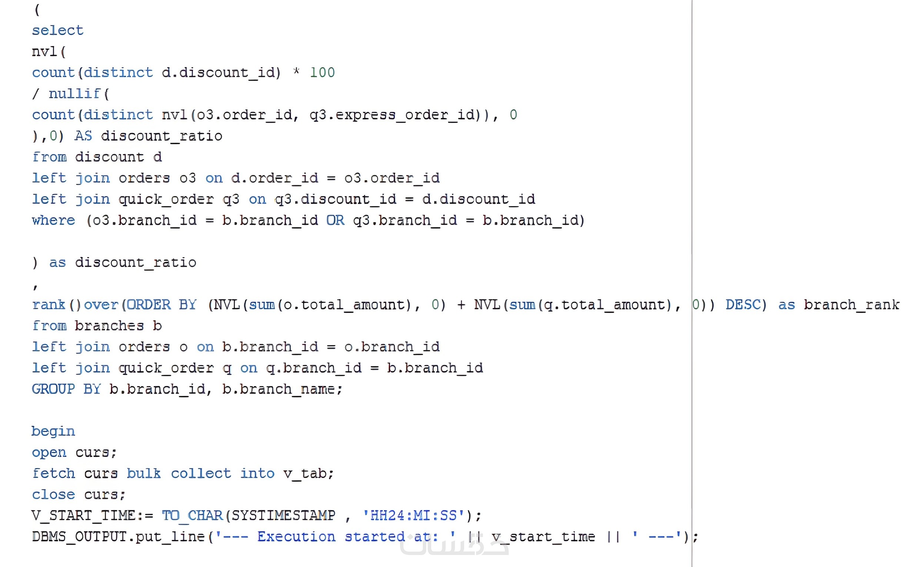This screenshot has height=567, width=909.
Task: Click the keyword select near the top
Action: [58, 30]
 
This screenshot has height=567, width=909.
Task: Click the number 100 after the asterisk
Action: [322, 72]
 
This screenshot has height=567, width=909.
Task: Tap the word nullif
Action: [74, 93]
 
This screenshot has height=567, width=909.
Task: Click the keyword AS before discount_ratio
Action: [83, 136]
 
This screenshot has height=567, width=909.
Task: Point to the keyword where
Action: [54, 220]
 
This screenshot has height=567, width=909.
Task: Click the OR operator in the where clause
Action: [335, 220]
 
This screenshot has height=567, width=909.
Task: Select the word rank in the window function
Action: [49, 305]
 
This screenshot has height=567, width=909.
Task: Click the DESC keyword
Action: [743, 305]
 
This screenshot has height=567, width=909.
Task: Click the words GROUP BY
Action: [66, 389]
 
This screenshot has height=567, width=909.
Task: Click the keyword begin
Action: [53, 432]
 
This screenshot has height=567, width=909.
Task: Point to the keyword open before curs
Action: [49, 452]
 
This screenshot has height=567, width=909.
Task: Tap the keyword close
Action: [54, 495]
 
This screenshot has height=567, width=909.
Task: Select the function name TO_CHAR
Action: [193, 516]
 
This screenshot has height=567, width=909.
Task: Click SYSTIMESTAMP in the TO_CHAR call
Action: [283, 515]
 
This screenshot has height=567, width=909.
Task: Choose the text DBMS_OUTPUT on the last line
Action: [80, 537]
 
